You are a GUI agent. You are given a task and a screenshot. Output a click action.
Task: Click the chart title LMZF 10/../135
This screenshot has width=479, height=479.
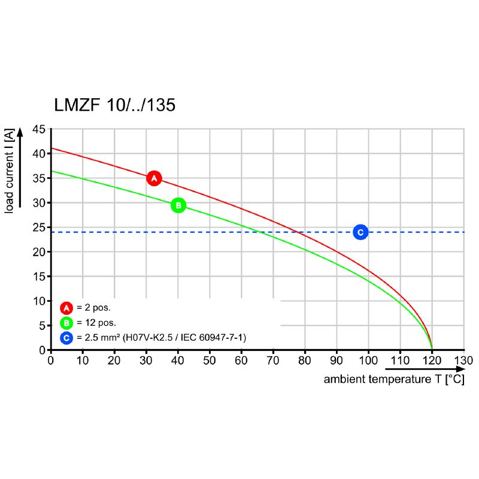pos(115,105)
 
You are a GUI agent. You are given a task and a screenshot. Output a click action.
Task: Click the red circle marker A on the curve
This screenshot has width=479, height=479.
pos(154,178)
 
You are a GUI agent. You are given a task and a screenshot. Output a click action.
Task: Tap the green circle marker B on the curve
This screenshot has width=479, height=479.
pos(178,205)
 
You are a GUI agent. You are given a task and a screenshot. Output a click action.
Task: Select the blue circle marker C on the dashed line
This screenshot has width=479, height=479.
pos(360,232)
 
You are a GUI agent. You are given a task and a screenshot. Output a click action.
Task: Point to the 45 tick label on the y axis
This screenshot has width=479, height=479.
pos(39,129)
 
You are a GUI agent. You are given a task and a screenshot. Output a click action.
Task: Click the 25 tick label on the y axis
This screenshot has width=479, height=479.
pos(39,228)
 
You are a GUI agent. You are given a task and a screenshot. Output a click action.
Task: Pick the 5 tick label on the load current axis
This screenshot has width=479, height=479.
pos(42,326)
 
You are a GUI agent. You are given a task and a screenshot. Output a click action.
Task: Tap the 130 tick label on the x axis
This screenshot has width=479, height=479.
pos(463,360)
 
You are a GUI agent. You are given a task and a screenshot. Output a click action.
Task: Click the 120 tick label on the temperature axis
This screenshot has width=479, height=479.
pos(432,360)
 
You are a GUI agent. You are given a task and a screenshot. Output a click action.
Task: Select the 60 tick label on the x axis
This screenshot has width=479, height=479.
pos(241,360)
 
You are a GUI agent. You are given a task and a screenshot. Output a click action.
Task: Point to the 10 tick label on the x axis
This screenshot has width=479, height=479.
pos(83,360)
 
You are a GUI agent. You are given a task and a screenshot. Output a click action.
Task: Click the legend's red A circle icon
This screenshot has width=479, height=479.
pos(66,308)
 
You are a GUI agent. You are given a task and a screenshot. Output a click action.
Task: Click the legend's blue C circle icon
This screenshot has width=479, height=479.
pos(66,338)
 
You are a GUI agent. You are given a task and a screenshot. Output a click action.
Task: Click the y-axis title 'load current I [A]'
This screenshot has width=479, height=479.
pos(10,171)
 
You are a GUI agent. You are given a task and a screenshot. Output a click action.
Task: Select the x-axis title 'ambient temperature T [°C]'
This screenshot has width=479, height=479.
pos(394,380)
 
